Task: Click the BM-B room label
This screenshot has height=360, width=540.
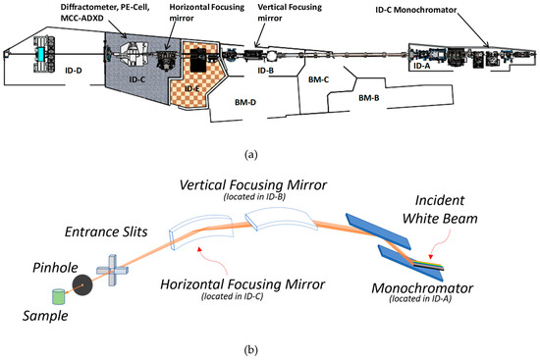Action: pyautogui.click(x=368, y=97)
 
